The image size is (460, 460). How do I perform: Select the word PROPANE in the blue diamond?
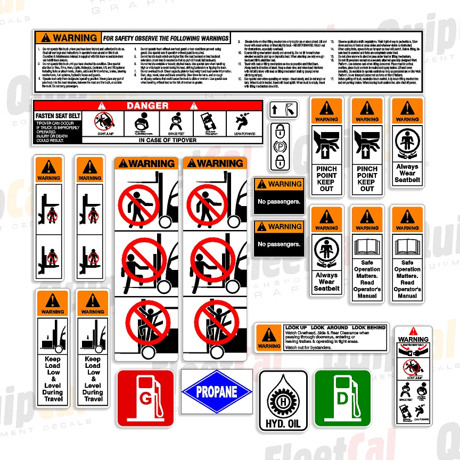tap(216, 392)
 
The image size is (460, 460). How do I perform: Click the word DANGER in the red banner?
tap(147, 106)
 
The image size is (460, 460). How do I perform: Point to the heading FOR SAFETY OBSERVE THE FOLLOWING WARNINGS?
tap(166, 38)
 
